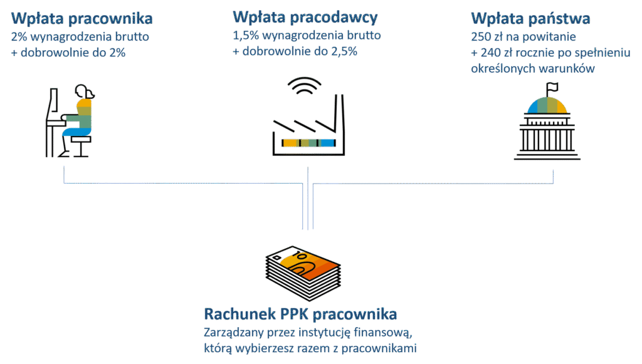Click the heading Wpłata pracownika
coord(82,19)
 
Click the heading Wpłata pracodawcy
coord(305,17)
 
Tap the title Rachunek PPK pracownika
coord(301,313)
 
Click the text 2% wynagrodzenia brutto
coord(80,37)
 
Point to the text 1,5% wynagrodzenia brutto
coord(307,35)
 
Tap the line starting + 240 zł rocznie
coord(550,53)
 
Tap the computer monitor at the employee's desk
coord(52,107)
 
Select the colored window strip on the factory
coord(307,143)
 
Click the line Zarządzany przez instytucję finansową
coord(307,332)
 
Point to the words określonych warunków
coord(532,69)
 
